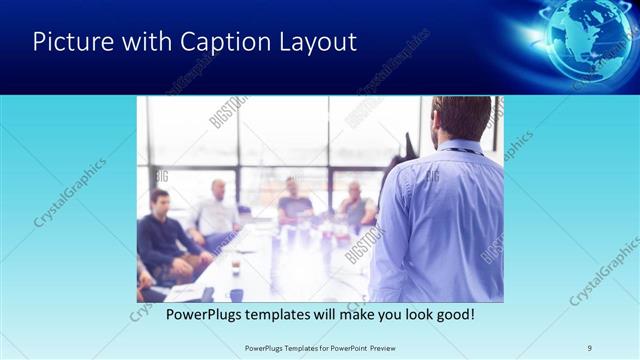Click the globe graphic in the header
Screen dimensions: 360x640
coord(585,38)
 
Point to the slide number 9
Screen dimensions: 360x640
coord(590,348)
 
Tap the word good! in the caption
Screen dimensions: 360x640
coord(451,314)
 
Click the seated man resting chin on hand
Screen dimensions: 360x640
coord(355,205)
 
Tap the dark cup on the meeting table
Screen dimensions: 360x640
coord(236,267)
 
